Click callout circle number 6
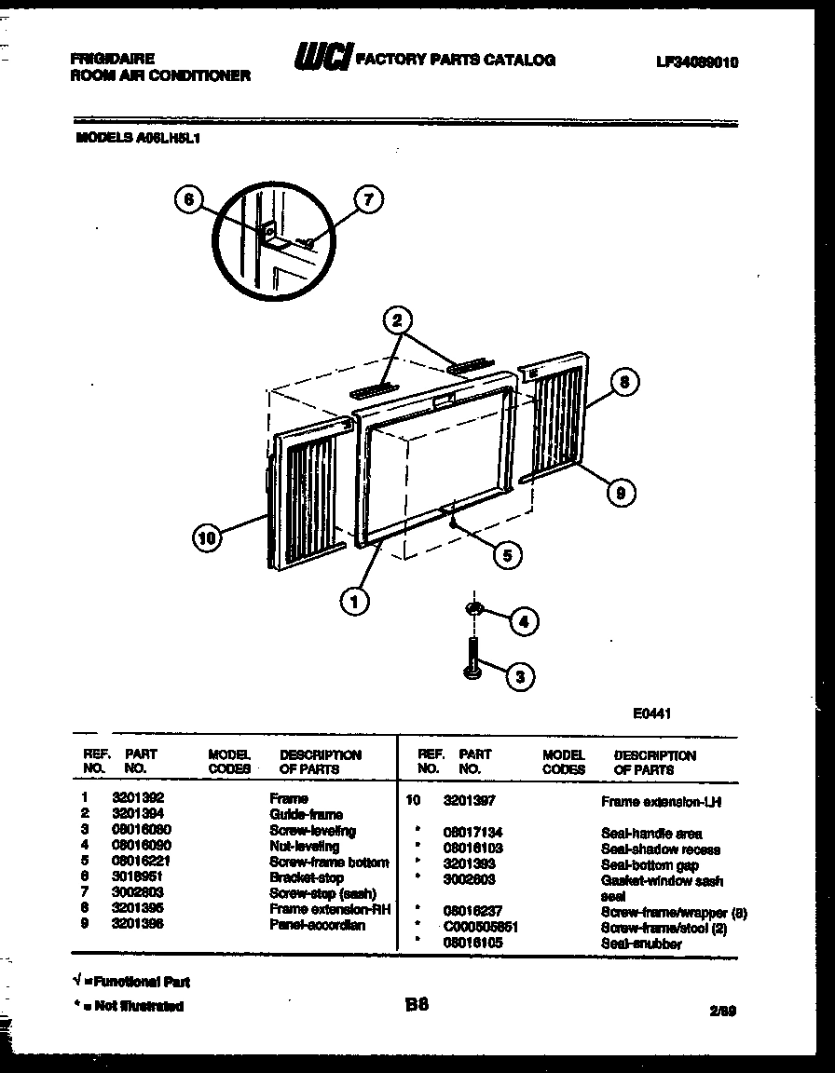tap(189, 199)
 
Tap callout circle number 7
tap(370, 199)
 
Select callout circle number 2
tap(398, 321)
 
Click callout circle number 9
tap(621, 494)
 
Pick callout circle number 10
tap(208, 536)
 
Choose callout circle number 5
tap(507, 556)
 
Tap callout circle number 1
tap(353, 602)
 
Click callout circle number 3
tap(520, 677)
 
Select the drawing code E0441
tap(652, 713)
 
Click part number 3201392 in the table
tap(138, 798)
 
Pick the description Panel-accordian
tap(317, 926)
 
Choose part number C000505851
tap(481, 928)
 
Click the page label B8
tap(417, 1004)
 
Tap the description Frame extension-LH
tap(662, 801)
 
